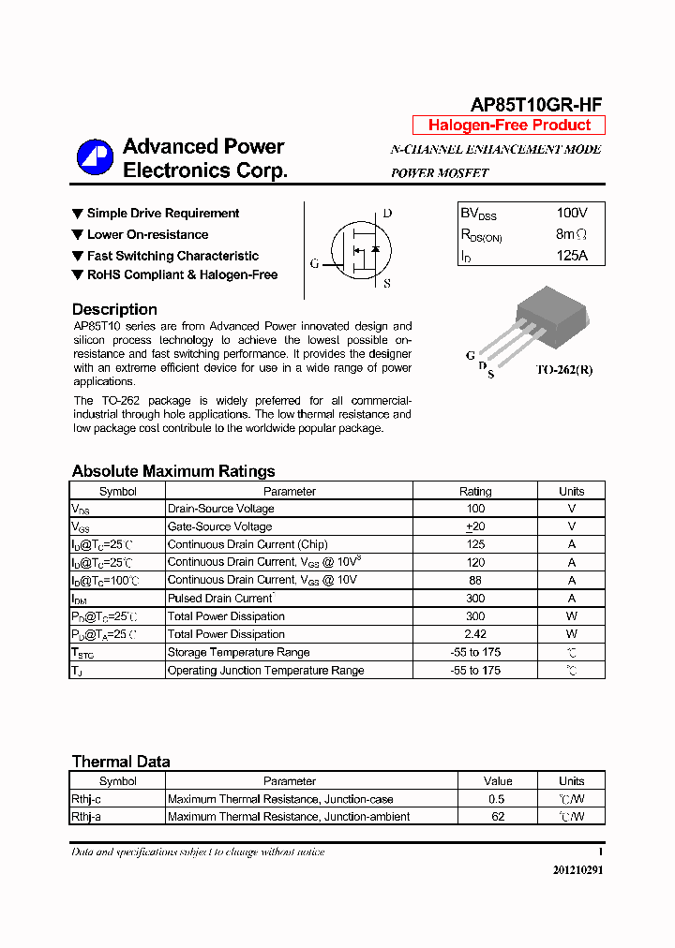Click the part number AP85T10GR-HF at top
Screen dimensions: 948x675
(535, 105)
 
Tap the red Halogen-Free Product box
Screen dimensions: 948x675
(509, 126)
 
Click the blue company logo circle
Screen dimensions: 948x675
(95, 157)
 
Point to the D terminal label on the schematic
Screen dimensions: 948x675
(387, 214)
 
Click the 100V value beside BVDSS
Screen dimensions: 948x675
(572, 214)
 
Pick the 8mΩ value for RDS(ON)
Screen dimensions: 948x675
(572, 234)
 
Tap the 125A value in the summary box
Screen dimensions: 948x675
(572, 255)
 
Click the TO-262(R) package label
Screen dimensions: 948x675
(563, 369)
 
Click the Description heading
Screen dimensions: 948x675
(114, 309)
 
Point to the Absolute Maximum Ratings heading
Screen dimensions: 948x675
(173, 471)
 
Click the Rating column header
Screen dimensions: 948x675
(475, 491)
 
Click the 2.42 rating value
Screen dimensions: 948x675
(475, 634)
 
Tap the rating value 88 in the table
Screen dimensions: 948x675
(475, 580)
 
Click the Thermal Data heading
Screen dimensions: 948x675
(121, 762)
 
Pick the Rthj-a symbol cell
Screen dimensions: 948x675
(86, 817)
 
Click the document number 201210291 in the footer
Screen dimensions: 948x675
(577, 870)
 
